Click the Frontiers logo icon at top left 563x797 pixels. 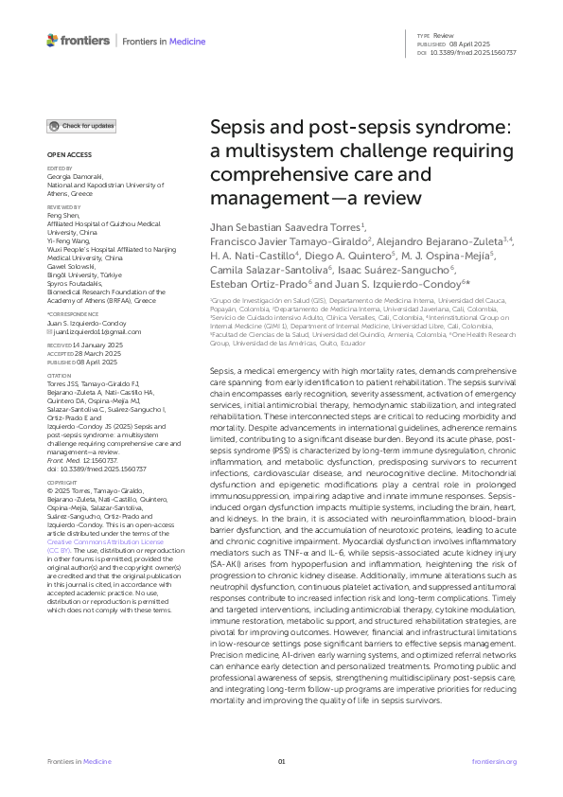point(52,40)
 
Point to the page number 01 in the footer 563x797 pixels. point(281,762)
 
